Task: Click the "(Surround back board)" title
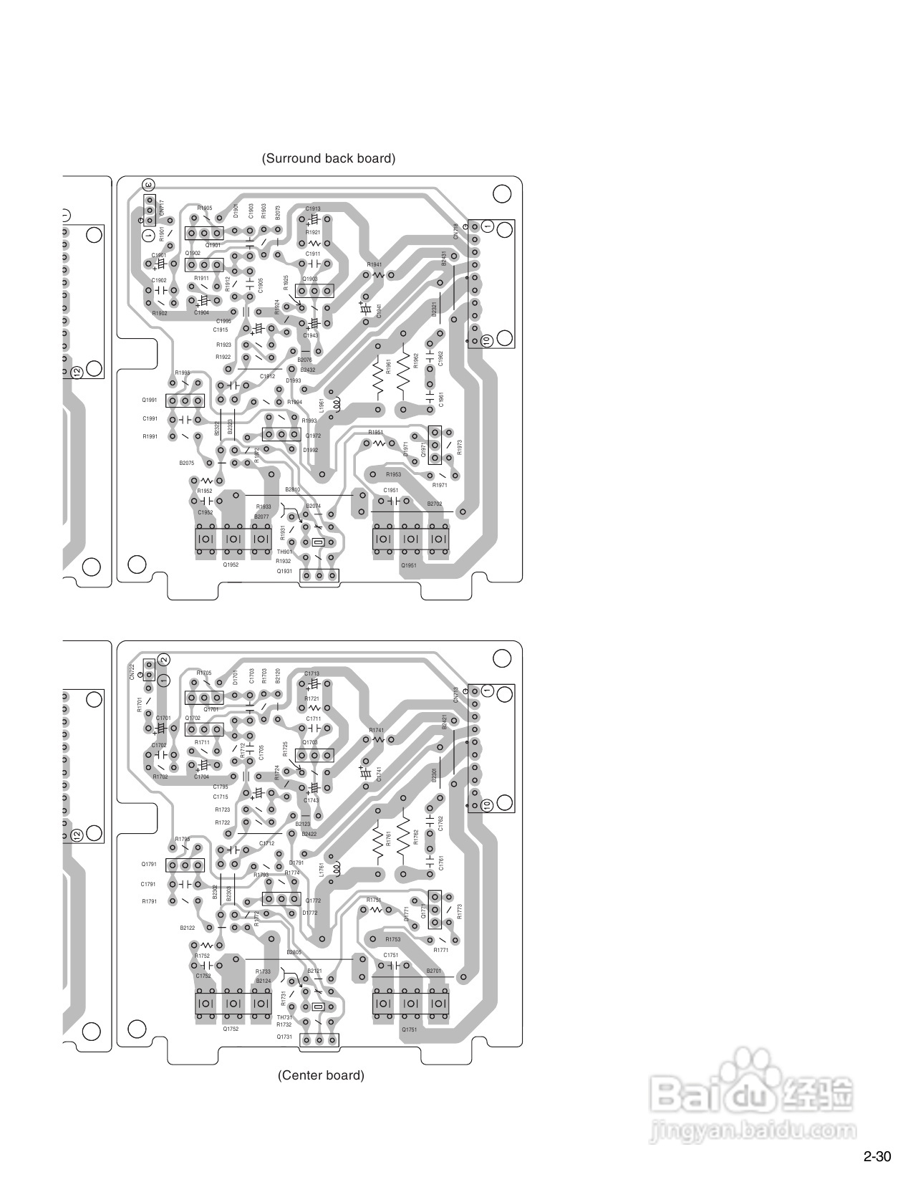(328, 158)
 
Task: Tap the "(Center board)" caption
(321, 1075)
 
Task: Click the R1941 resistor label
(375, 265)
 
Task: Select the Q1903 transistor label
(310, 279)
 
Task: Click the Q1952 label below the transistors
(231, 565)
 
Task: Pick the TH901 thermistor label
(284, 552)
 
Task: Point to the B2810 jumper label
(292, 489)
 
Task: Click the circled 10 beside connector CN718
(487, 341)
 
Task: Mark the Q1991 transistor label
(149, 400)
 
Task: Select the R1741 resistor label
(377, 730)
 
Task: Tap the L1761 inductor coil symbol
(334, 868)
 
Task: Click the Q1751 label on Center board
(409, 1030)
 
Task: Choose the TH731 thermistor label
(284, 1017)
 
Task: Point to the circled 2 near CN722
(163, 659)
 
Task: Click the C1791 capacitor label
(148, 885)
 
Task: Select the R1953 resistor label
(393, 475)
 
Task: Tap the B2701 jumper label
(434, 971)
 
